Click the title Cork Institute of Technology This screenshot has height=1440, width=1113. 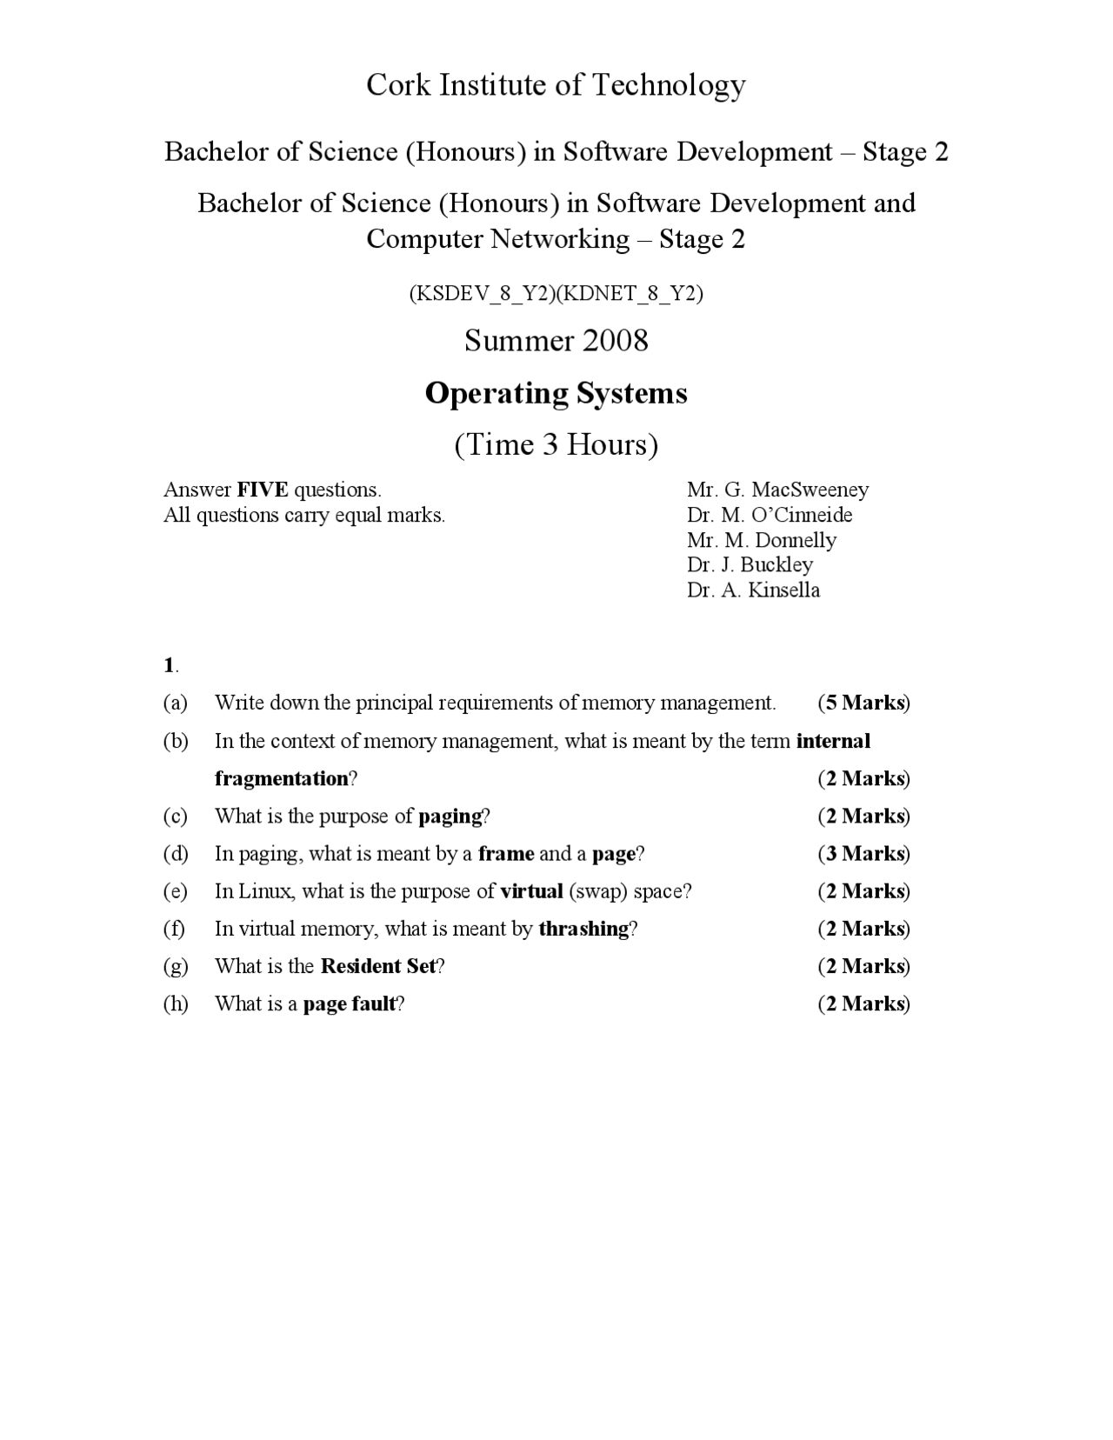[x=556, y=85]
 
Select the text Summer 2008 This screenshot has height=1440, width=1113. [x=556, y=340]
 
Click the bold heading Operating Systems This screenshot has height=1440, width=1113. [x=556, y=393]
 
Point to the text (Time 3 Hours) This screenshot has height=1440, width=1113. [x=556, y=444]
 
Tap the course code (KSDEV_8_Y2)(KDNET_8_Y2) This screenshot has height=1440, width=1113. [x=556, y=294]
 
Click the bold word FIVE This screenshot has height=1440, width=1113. [x=262, y=490]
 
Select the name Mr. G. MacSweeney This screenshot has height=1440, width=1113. [x=777, y=490]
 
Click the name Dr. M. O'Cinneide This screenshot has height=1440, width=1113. [x=769, y=515]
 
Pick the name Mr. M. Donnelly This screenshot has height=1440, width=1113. [x=762, y=540]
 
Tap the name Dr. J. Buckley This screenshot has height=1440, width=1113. [x=750, y=564]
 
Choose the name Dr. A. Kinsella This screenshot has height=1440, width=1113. [x=753, y=590]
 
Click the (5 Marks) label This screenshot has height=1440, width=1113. [x=863, y=703]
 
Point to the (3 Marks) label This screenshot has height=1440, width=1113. [x=863, y=853]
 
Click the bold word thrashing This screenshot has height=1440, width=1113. [x=583, y=929]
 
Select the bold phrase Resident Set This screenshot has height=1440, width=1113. [x=377, y=966]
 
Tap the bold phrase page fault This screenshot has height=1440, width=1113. [x=349, y=1003]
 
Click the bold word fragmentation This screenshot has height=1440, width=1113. [x=281, y=778]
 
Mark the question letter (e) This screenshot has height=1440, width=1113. [x=175, y=891]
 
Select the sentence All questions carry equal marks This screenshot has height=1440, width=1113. [x=304, y=515]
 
